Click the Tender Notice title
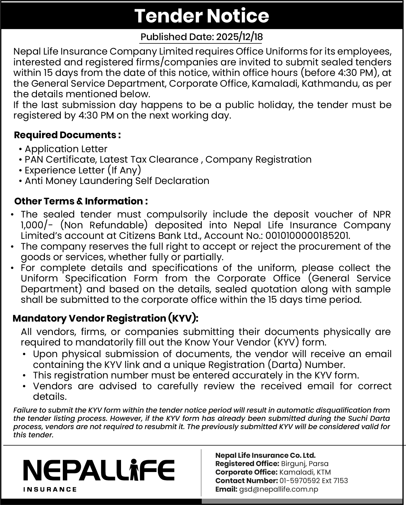202,16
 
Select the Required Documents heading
67,135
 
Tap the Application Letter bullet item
66,149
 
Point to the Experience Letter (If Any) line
83,170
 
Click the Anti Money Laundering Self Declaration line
117,181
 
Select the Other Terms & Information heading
81,201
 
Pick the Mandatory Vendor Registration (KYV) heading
105,318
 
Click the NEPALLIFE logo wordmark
99,470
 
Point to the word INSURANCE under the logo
50,489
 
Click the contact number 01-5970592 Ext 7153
314,481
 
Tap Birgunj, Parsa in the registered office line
305,463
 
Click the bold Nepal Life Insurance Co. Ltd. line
265,455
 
